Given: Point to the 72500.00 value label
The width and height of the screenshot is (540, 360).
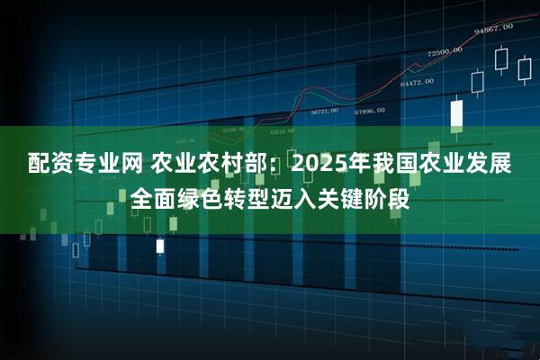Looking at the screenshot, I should click(x=445, y=51).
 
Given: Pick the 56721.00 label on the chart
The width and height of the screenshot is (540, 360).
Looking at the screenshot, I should click(x=324, y=112).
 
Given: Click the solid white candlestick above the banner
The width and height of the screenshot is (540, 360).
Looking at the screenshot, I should click(x=456, y=113).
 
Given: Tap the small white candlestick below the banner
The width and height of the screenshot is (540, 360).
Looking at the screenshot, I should click(x=160, y=245).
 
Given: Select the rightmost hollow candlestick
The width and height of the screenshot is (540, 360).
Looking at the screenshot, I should click(x=523, y=69).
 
